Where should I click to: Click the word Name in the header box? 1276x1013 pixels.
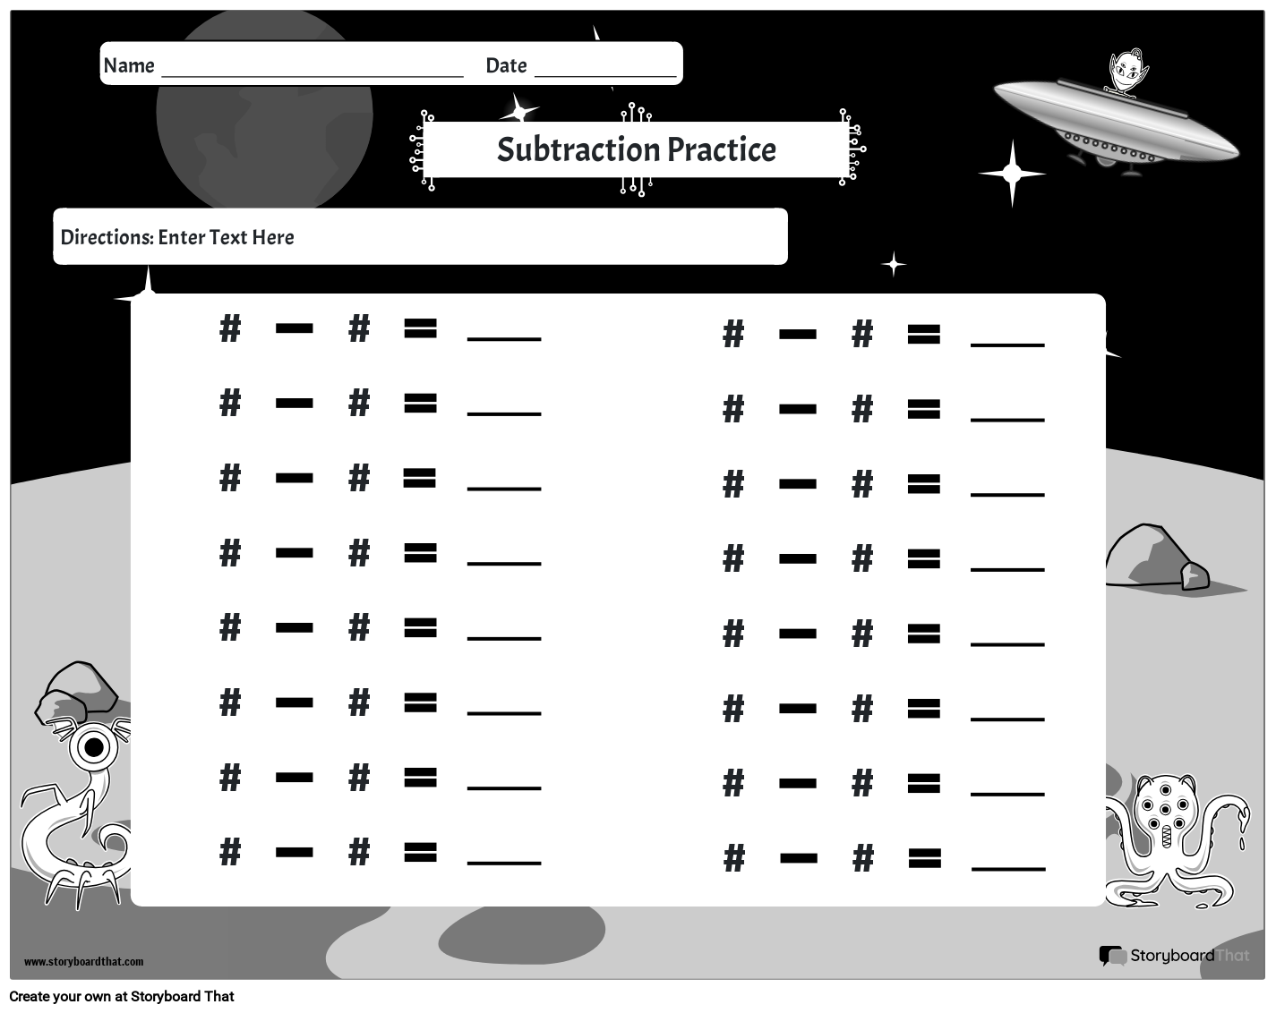coord(129,65)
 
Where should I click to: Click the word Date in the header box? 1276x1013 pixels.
coord(506,65)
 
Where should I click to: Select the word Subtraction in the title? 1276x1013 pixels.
coord(578,149)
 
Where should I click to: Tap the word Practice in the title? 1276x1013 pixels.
coord(722,149)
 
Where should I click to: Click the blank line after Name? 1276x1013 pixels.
coord(313,76)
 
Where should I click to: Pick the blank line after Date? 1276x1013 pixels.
coord(605,76)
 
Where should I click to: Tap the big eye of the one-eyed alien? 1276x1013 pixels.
coord(94,747)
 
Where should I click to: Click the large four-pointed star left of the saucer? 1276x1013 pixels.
coord(1012,173)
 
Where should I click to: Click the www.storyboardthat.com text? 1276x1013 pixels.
coord(83,962)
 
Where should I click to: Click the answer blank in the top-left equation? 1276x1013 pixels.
coord(504,339)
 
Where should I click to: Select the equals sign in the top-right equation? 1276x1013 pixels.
coord(924,334)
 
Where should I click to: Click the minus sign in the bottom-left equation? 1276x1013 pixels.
coord(295,852)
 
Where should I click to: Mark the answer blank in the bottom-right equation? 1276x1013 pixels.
coord(1008,869)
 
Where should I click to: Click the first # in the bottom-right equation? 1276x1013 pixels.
coord(734,858)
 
